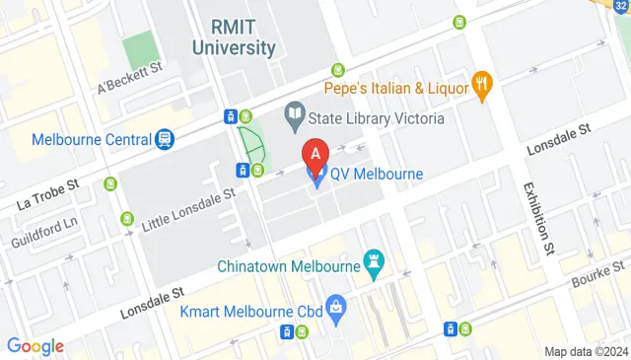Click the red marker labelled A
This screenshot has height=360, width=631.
point(315,156)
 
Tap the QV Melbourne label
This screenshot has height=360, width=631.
point(376,175)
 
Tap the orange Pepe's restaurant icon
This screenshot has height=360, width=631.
point(482,86)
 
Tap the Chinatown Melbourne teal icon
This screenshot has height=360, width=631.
point(374,263)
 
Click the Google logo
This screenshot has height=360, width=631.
point(35,345)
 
